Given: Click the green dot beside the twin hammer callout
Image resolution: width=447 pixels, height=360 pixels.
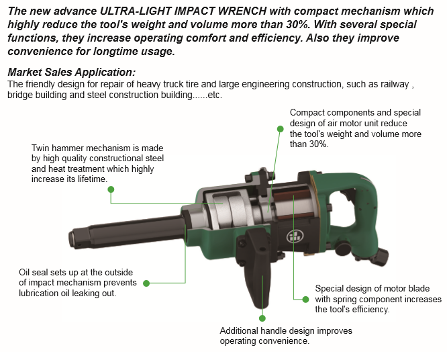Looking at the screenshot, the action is coord(111,189).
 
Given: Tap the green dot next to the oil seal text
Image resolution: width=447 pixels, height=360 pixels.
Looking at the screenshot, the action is coord(146,283).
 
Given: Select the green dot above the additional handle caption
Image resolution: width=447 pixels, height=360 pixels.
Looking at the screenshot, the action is coord(262,318).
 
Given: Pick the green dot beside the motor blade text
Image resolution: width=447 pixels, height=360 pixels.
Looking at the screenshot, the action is coord(305,300).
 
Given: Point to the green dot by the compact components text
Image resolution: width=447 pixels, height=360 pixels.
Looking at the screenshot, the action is coord(281,129).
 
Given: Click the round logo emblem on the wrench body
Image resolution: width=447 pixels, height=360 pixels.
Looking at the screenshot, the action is coord(293,236).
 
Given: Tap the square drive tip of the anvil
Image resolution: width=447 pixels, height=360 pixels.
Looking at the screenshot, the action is coord(74,238).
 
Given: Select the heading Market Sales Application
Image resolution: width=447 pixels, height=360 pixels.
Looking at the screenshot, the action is coord(72,72).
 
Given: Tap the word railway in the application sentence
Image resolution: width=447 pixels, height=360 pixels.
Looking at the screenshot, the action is coord(395,85).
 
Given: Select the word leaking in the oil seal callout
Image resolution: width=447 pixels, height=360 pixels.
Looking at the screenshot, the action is coord(87,294).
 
